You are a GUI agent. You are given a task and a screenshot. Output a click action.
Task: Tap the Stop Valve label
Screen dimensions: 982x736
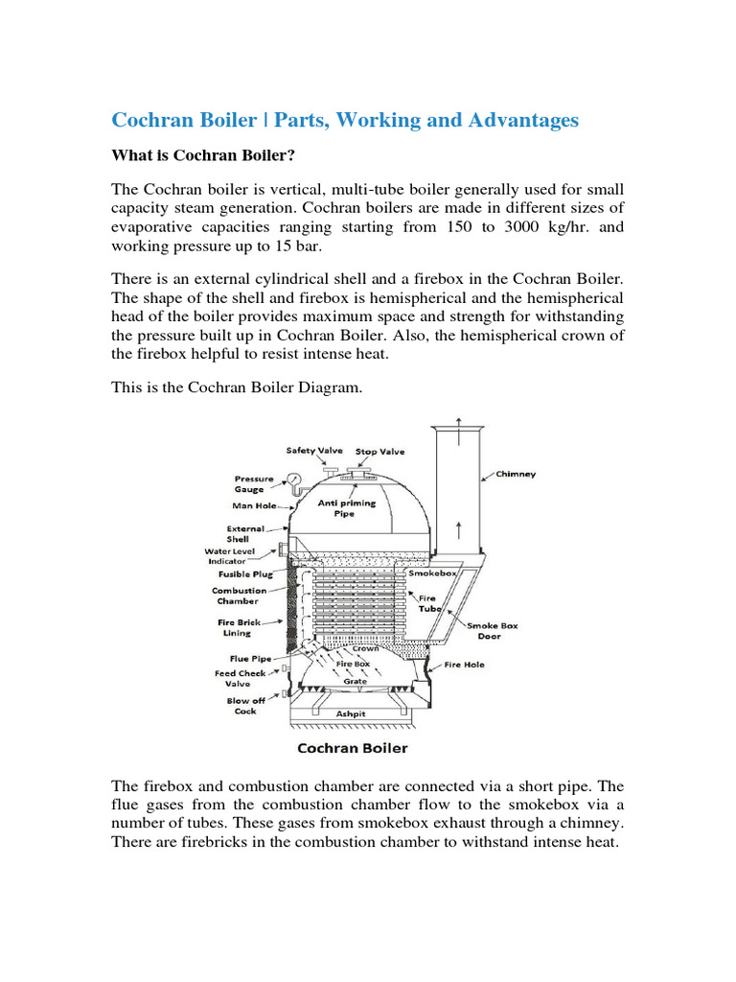(379, 450)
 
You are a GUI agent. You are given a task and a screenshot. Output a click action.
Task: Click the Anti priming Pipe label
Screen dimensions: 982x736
(353, 508)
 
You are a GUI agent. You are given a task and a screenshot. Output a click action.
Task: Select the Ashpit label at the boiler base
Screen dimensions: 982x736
(350, 713)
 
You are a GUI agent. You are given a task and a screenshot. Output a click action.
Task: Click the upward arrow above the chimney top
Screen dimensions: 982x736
(458, 424)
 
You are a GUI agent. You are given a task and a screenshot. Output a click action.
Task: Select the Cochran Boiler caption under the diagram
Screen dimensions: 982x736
(353, 748)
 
